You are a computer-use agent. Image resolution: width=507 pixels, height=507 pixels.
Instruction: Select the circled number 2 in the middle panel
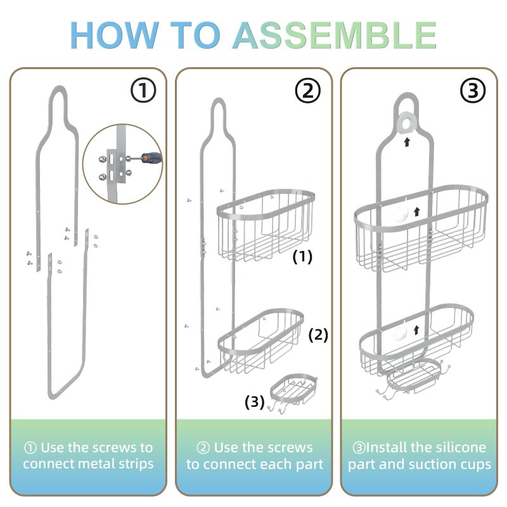tap(309, 91)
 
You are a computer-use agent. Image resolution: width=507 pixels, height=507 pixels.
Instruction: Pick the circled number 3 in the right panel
tap(473, 91)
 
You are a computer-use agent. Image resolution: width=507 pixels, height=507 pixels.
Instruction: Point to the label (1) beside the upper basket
tap(302, 257)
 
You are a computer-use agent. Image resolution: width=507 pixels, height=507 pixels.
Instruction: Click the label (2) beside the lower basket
tap(318, 335)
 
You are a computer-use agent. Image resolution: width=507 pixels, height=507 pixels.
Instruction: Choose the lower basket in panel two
tap(260, 340)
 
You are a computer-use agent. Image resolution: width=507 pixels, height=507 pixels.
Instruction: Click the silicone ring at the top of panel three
tap(407, 121)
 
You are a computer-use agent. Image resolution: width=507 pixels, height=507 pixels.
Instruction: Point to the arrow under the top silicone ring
tap(407, 142)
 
